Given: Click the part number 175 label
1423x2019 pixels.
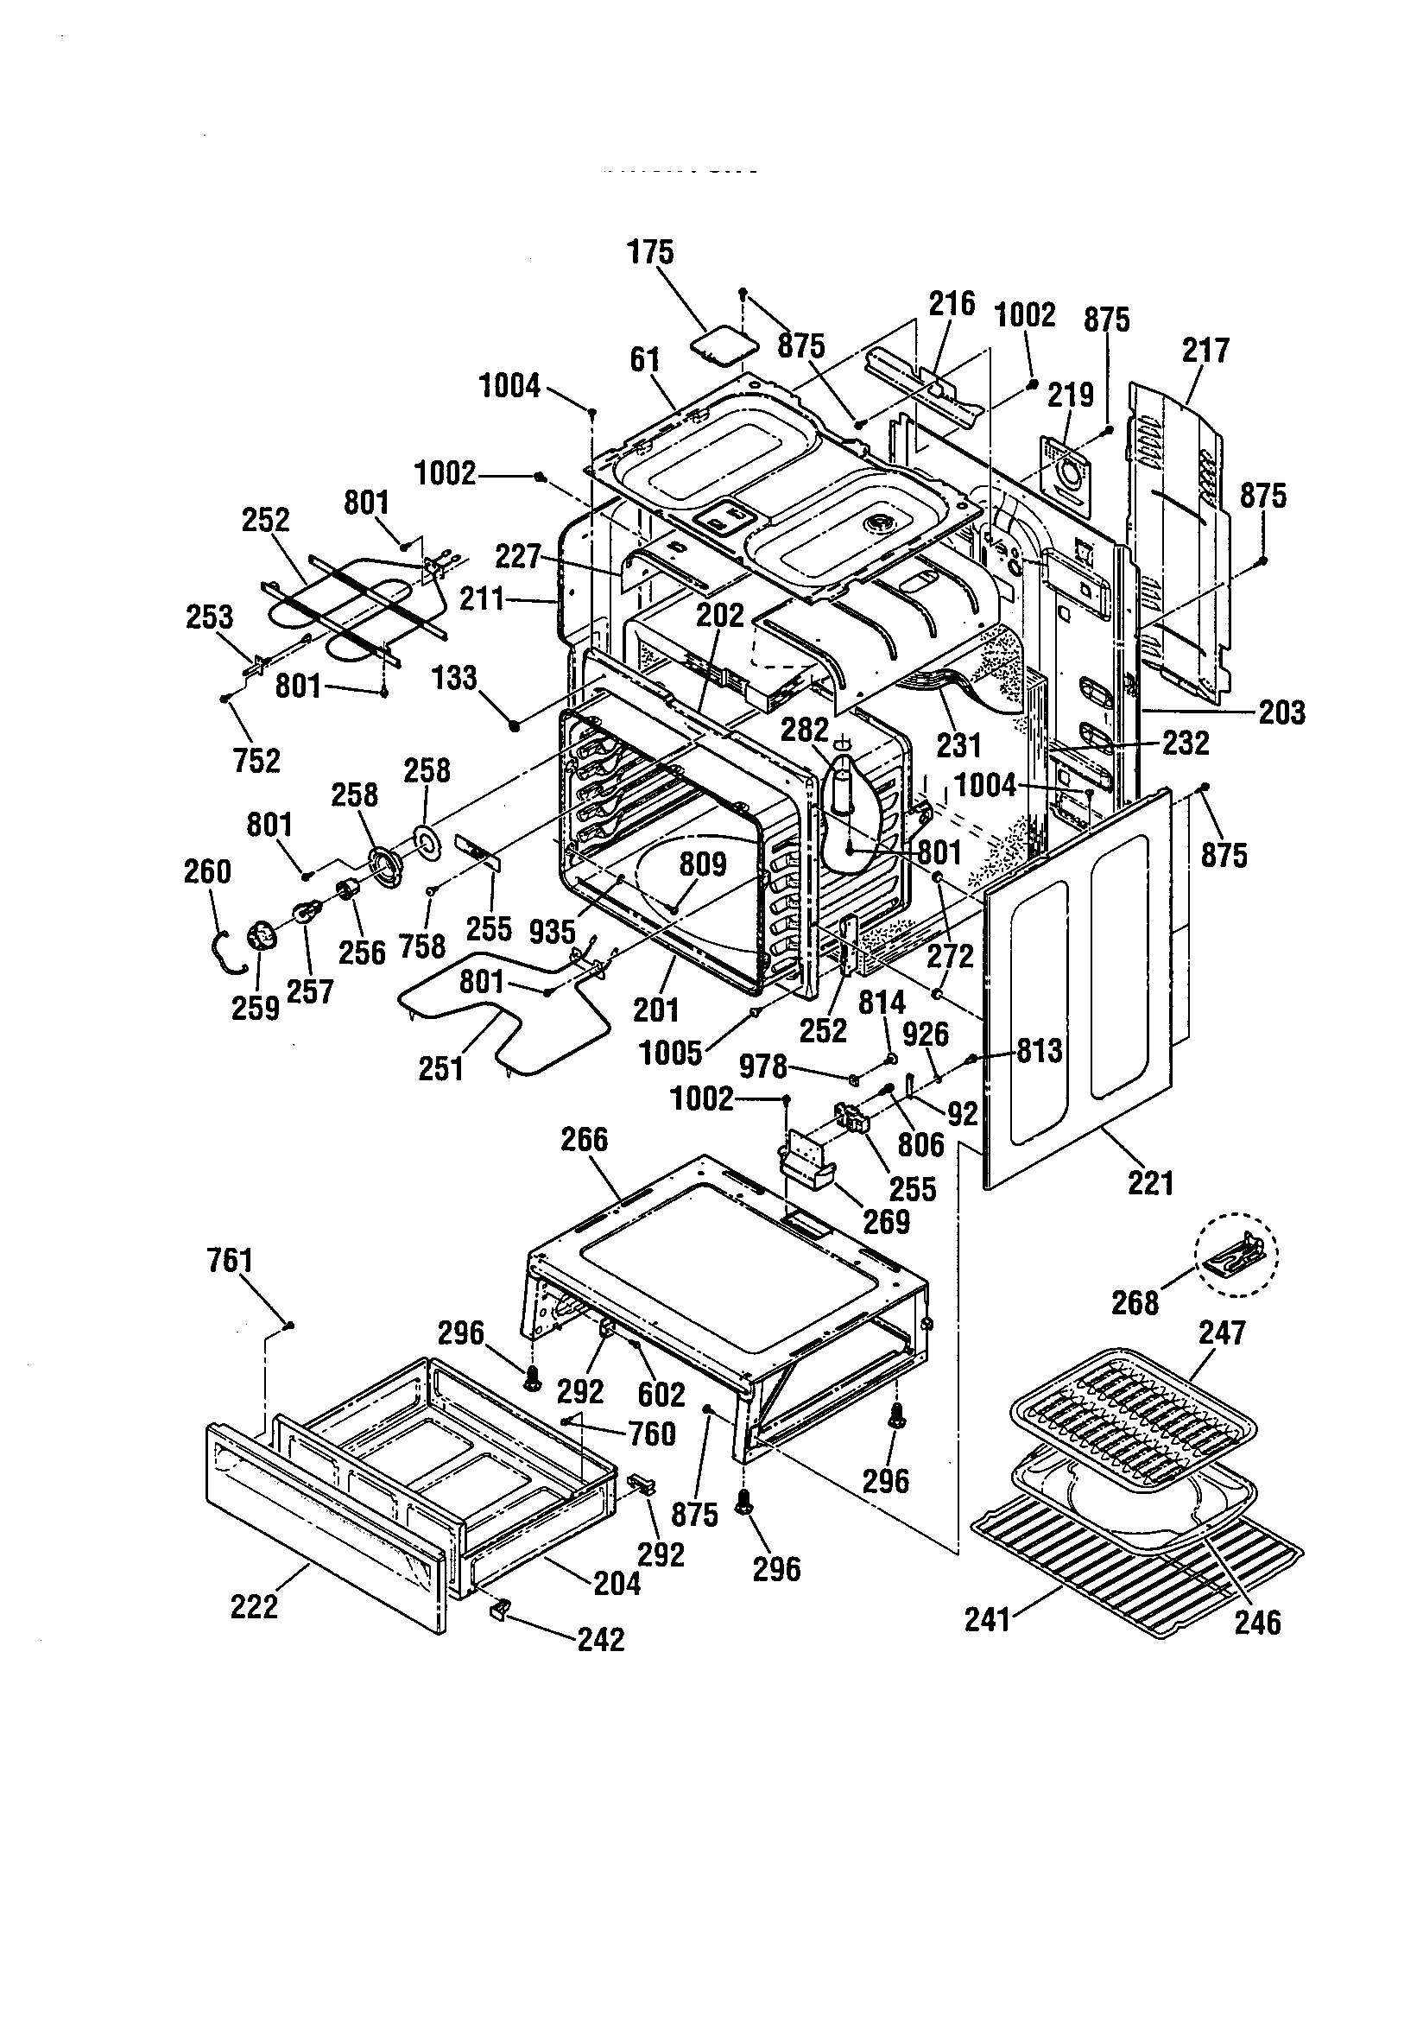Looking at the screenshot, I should click(x=650, y=252).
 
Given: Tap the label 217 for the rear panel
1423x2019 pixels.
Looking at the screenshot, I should click(x=1205, y=351).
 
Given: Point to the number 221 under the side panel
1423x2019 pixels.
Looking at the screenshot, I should click(x=1150, y=1184).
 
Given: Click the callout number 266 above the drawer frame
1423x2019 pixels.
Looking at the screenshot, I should click(x=584, y=1140).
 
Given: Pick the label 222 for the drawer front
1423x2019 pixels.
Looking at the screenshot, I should click(x=254, y=1606).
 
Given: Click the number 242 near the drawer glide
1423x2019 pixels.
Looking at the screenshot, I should click(x=601, y=1639).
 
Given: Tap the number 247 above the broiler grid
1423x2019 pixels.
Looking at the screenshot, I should click(x=1223, y=1333).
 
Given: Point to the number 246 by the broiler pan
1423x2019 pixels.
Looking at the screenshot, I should click(x=1258, y=1623).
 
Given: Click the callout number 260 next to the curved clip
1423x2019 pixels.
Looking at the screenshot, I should click(x=207, y=872).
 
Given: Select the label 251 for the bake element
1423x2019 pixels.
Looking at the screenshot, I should click(x=440, y=1068).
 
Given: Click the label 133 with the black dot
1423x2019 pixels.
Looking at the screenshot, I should click(x=456, y=678).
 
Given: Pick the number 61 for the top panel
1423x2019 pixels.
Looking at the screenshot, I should click(x=645, y=359).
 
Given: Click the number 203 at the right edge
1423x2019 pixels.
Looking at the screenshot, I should click(x=1281, y=712).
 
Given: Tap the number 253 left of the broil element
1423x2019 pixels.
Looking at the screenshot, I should click(x=209, y=617).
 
